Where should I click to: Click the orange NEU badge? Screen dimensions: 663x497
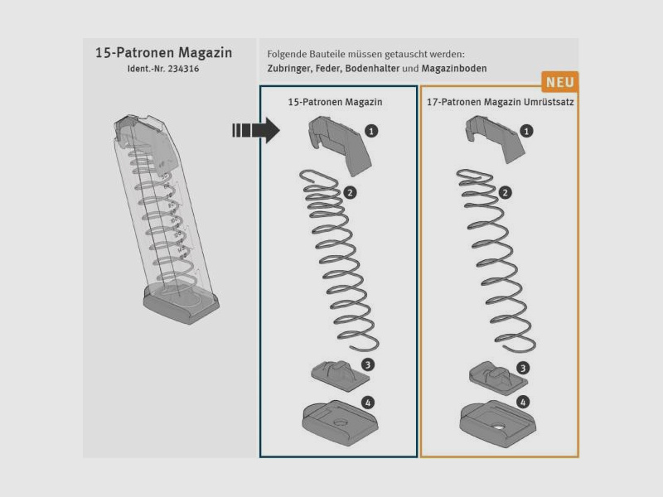[560, 82]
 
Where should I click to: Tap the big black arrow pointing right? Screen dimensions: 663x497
[256, 130]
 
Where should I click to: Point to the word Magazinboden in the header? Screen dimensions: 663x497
[454, 69]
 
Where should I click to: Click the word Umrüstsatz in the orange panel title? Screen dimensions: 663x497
[549, 102]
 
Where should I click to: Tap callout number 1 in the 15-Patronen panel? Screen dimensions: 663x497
[371, 131]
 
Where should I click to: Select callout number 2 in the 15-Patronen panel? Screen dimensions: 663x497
[350, 193]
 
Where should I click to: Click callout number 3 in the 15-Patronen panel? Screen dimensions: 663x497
[368, 364]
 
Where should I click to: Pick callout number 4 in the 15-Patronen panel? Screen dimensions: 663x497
[368, 403]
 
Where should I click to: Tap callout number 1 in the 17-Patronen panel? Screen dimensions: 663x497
[526, 131]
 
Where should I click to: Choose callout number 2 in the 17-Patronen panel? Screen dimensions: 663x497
[506, 193]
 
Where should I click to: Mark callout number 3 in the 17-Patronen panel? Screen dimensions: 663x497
[523, 368]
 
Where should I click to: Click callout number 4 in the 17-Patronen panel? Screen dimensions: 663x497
[523, 402]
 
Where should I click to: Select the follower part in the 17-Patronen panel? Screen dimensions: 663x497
[496, 138]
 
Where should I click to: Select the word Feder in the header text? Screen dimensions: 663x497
[328, 69]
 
